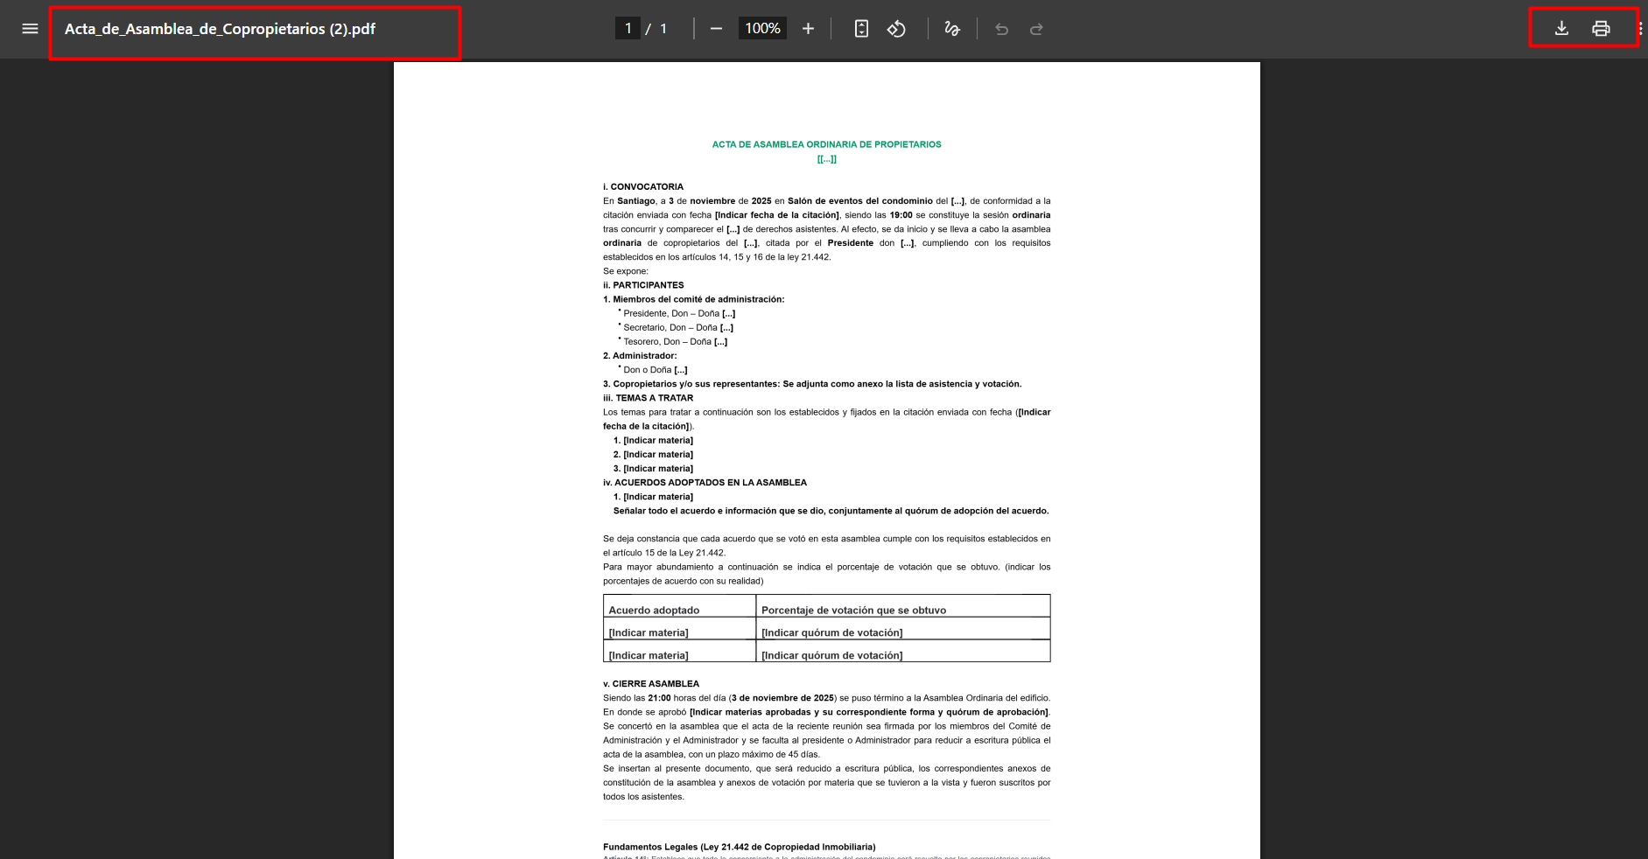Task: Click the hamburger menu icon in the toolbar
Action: click(30, 29)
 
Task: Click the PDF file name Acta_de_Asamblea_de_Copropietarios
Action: click(220, 29)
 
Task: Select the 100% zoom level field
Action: click(762, 29)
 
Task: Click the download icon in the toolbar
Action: click(1561, 29)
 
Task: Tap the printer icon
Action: click(1601, 29)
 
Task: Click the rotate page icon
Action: click(896, 29)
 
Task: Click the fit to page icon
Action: click(861, 29)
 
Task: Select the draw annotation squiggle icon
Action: click(952, 29)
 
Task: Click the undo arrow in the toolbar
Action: click(1002, 29)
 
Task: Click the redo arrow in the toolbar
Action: click(1036, 29)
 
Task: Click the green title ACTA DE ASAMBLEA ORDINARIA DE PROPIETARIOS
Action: click(826, 144)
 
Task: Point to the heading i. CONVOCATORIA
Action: click(643, 186)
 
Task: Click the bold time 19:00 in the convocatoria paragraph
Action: click(901, 215)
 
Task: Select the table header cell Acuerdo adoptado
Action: click(654, 610)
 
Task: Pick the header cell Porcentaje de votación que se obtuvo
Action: click(853, 610)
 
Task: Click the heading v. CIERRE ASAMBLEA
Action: click(651, 684)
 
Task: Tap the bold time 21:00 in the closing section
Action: click(659, 698)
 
